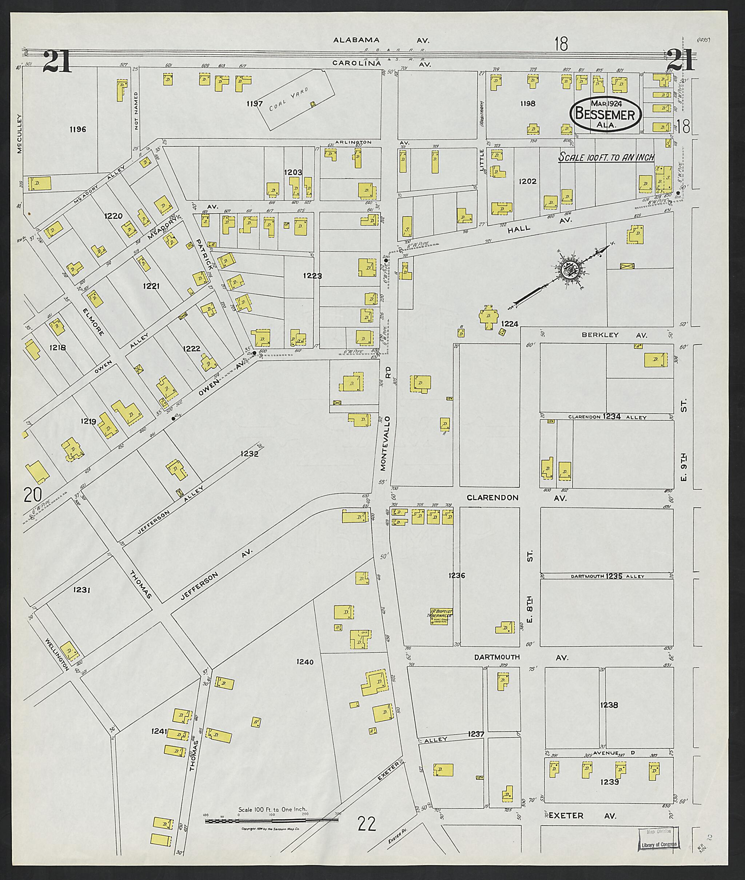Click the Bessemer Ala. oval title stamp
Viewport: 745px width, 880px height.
[x=605, y=114]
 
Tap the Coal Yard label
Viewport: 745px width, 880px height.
[x=289, y=99]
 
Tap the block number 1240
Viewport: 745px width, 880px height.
[x=305, y=662]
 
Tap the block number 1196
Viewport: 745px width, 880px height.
[x=78, y=129]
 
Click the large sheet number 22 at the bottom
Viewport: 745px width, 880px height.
[x=367, y=823]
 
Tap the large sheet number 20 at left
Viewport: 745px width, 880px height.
[x=33, y=494]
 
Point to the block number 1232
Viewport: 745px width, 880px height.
[x=249, y=454]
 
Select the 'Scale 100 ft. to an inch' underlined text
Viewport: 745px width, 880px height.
[x=606, y=158]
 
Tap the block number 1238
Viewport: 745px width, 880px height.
[x=609, y=705]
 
